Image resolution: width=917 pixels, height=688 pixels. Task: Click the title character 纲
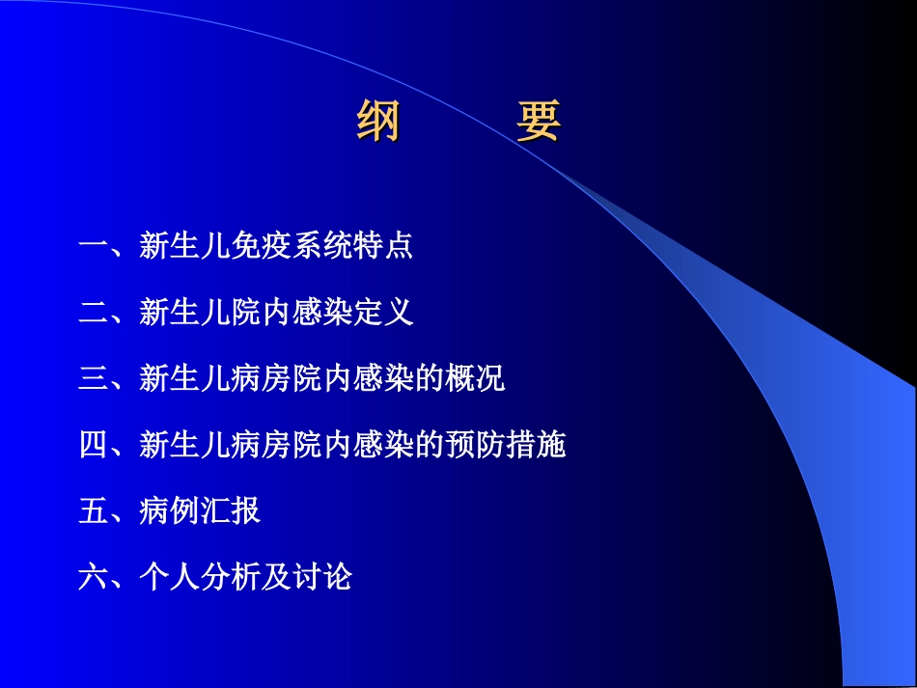click(x=378, y=121)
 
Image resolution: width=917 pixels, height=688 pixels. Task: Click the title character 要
click(x=538, y=121)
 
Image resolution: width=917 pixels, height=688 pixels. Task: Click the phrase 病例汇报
click(x=200, y=511)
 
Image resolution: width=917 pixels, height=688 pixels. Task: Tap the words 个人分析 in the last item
click(x=200, y=578)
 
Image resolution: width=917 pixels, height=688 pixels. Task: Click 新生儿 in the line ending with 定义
click(x=184, y=313)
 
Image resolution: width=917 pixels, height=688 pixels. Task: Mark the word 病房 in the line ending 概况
click(x=261, y=379)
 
